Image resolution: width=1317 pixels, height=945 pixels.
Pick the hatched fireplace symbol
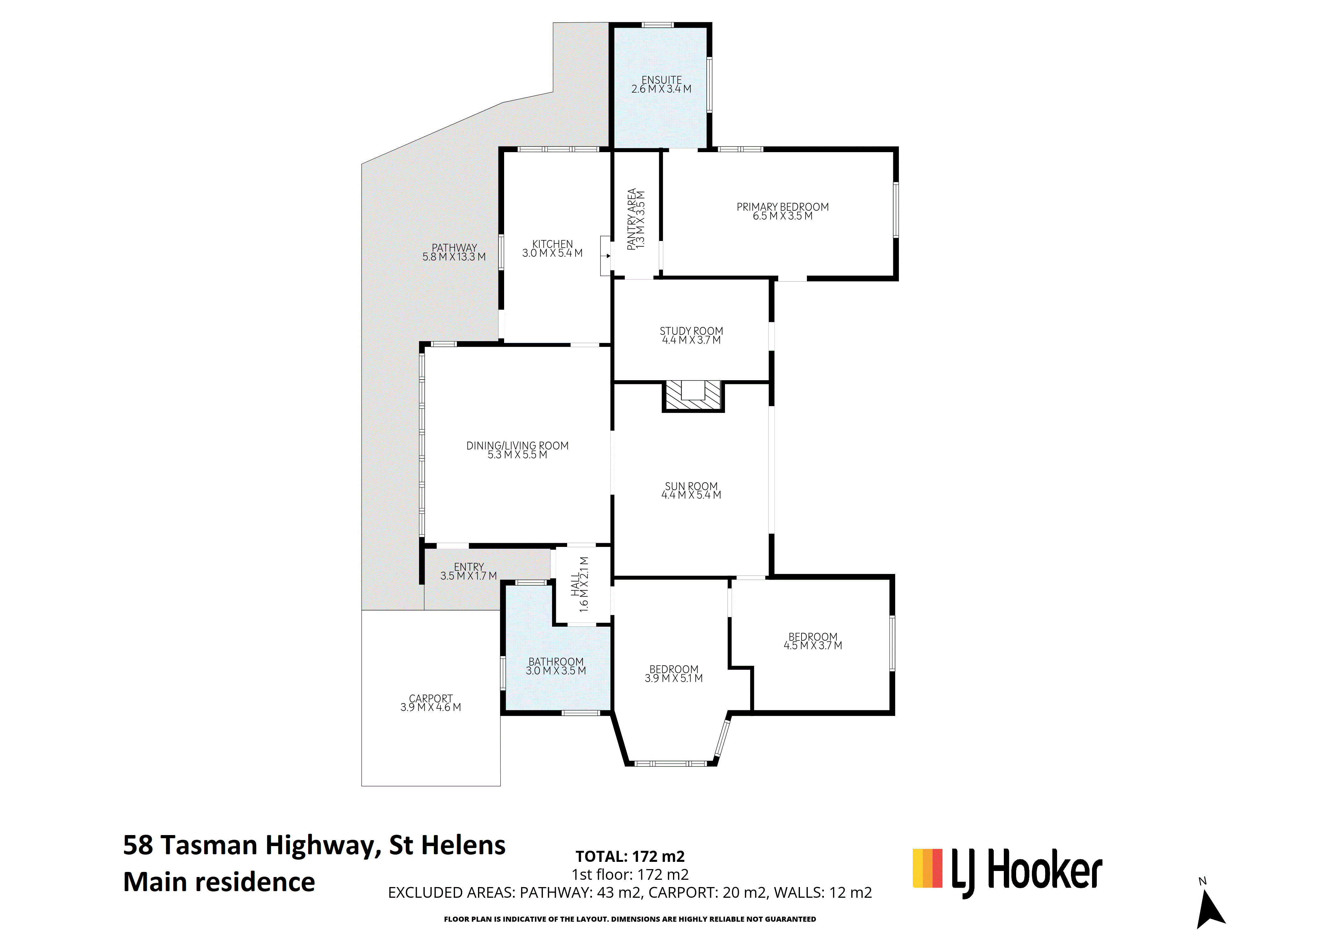(693, 396)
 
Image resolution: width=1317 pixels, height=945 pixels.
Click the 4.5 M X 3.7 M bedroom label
(812, 641)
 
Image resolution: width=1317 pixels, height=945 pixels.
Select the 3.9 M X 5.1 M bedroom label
(674, 674)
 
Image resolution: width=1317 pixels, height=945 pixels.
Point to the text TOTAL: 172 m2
(630, 856)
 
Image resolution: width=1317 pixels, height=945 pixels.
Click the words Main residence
(219, 882)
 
